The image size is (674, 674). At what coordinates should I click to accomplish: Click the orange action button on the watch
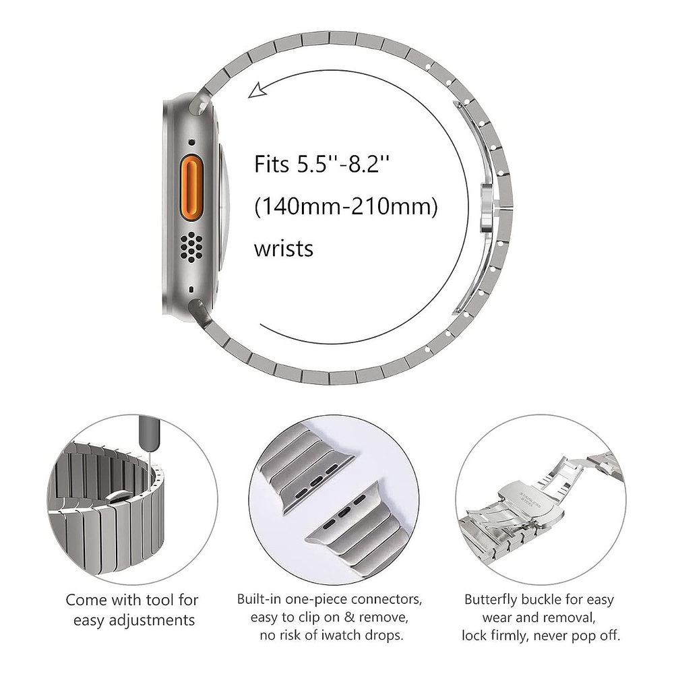[x=190, y=191]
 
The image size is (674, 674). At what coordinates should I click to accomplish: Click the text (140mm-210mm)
[x=346, y=206]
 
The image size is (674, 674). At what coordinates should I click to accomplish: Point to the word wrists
[x=283, y=248]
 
